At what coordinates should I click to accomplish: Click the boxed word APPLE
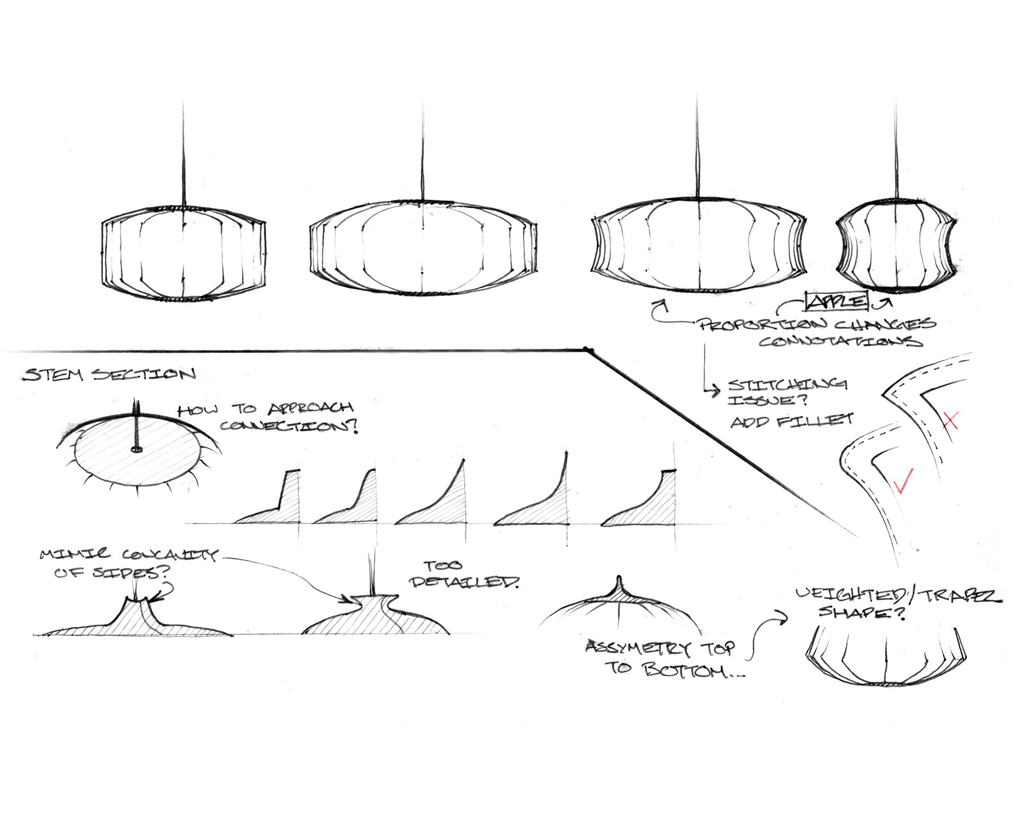click(837, 301)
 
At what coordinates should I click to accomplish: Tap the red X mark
click(951, 421)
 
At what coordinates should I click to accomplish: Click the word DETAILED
click(464, 582)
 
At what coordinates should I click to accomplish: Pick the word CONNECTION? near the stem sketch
click(289, 427)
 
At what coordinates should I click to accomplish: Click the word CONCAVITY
click(170, 555)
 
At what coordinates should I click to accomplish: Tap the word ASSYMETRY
click(638, 648)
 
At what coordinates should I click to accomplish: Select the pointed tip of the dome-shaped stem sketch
click(618, 579)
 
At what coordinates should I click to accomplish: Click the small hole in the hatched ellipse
click(137, 449)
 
